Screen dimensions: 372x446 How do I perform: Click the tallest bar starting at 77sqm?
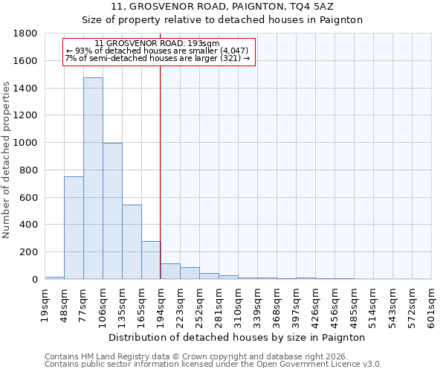(93, 179)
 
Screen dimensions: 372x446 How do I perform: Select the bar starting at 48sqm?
(74, 228)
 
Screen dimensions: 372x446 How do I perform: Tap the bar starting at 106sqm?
(112, 211)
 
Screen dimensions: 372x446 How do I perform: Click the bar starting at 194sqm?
(170, 272)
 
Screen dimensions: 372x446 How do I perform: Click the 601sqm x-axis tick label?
(432, 306)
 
